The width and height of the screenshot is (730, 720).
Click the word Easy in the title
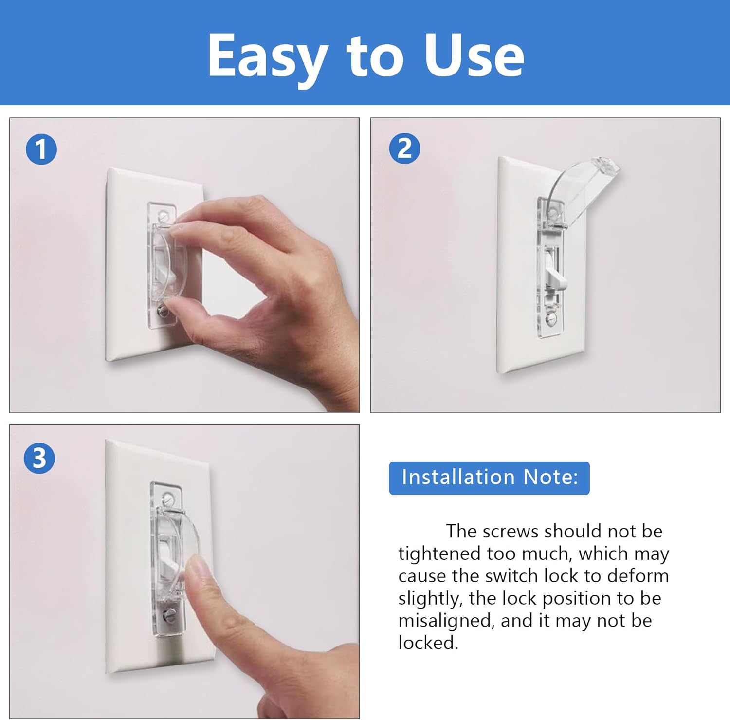267,56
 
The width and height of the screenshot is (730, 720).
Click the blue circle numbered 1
41,149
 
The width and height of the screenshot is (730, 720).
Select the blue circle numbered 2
404,148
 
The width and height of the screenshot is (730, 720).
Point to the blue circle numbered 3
39,458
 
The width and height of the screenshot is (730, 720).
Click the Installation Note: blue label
489,478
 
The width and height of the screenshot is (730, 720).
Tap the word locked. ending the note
428,643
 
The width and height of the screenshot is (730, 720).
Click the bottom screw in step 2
551,319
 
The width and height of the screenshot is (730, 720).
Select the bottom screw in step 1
162,309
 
